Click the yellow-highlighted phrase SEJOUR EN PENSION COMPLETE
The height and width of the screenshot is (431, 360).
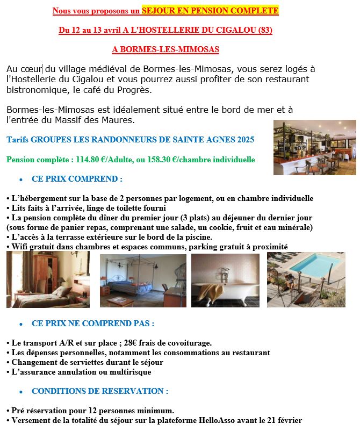(210, 11)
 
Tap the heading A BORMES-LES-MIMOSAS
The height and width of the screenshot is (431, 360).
(165, 49)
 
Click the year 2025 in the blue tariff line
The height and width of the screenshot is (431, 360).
(245, 140)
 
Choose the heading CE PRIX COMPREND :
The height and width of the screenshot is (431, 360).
(77, 179)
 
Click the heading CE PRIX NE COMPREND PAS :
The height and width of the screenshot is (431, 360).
(93, 324)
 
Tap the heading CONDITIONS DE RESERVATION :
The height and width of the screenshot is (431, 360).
(100, 391)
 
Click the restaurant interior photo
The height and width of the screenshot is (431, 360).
(315, 147)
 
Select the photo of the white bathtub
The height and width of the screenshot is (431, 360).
(225, 280)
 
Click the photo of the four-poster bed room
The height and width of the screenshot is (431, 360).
(143, 281)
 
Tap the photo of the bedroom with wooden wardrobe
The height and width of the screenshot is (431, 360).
(48, 280)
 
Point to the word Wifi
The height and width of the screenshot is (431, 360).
(18, 247)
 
